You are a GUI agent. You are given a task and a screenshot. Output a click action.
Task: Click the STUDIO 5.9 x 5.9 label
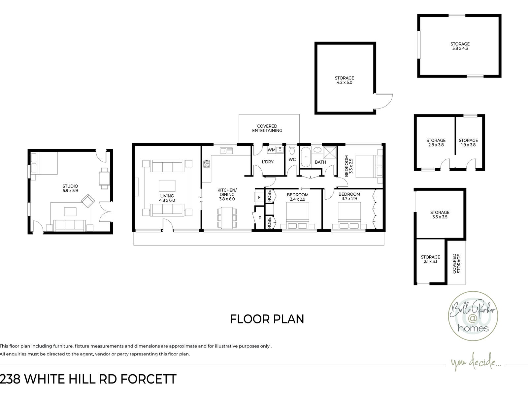[x=70, y=188]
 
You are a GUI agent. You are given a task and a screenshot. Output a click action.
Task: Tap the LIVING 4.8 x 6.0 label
[x=167, y=198]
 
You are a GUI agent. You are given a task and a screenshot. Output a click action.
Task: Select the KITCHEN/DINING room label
[x=227, y=194]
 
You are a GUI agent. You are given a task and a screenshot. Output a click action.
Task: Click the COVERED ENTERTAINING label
[x=267, y=128]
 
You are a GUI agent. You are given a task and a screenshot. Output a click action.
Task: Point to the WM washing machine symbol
[x=271, y=150]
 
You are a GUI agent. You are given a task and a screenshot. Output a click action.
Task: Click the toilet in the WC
[x=292, y=150]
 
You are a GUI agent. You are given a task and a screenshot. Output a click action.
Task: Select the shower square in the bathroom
[x=330, y=152]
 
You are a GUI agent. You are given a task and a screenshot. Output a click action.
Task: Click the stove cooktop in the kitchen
[x=206, y=164]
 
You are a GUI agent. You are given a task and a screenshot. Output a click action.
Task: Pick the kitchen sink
[x=226, y=151]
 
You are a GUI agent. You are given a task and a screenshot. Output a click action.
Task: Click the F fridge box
[x=259, y=197]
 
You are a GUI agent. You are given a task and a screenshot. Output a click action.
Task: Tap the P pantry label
[x=260, y=218]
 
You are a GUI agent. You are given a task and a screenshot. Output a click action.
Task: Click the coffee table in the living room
[x=167, y=185]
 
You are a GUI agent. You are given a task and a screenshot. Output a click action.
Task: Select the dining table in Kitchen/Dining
[x=227, y=217]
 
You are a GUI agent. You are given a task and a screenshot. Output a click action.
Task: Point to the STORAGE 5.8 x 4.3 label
[x=460, y=46]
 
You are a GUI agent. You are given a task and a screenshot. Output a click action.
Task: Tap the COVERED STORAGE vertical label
[x=456, y=264]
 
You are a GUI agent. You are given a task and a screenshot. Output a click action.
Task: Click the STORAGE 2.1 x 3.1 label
[x=430, y=259]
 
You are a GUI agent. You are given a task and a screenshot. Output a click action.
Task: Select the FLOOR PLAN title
[x=267, y=319]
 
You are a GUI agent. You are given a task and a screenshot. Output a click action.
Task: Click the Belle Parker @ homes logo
[x=473, y=316]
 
